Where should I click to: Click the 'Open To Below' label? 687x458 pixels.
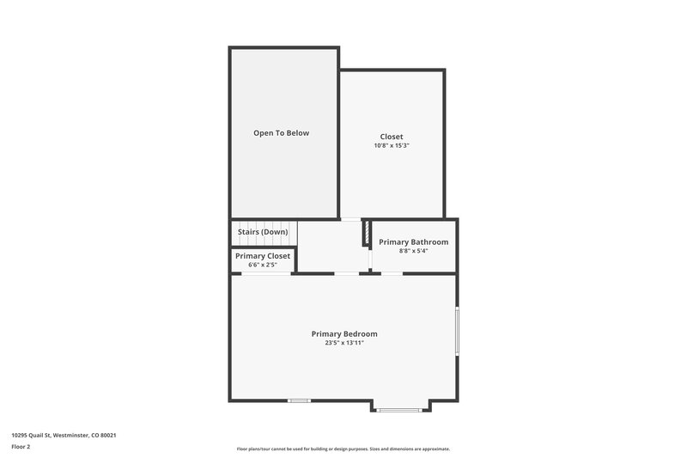[x=281, y=133]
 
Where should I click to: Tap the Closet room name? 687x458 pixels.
[x=392, y=137]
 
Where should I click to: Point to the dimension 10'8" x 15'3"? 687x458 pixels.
[x=392, y=146]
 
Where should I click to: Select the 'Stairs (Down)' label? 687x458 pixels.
[x=262, y=232]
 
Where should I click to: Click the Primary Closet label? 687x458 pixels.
[x=263, y=256]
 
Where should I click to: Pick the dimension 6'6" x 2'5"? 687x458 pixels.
[x=263, y=265]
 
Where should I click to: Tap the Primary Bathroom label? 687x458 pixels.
[x=413, y=242]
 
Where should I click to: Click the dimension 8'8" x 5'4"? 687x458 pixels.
[x=413, y=251]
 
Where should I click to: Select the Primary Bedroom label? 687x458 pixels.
[x=343, y=333]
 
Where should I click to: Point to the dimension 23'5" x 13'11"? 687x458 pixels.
[x=343, y=343]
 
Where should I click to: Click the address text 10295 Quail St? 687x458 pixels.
[x=39, y=435]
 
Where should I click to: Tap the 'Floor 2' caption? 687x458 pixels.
[x=21, y=447]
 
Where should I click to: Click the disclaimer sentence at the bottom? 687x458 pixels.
[x=343, y=449]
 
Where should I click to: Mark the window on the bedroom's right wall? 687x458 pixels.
[x=457, y=331]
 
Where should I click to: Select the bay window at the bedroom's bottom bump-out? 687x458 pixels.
[x=399, y=410]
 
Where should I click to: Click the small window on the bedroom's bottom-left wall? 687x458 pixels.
[x=299, y=400]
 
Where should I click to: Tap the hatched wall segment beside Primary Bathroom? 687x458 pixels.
[x=367, y=234]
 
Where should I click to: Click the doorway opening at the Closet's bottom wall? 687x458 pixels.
[x=350, y=219]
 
